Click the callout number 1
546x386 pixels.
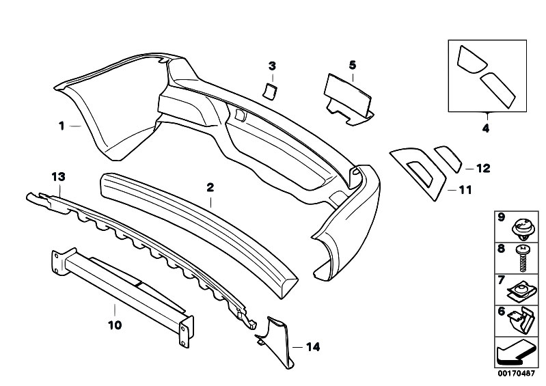coord(62,126)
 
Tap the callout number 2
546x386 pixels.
coord(210,188)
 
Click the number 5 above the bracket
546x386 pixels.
coord(353,65)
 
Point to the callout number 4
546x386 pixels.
coord(486,128)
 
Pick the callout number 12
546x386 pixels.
coord(483,169)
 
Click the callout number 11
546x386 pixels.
coord(465,190)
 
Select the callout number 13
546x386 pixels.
coord(59,177)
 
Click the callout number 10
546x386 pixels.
coord(115,325)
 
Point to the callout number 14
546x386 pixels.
coord(313,347)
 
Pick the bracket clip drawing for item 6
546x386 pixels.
coord(521,320)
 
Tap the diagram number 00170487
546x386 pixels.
coord(516,374)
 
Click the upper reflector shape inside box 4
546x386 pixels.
coord(471,59)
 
